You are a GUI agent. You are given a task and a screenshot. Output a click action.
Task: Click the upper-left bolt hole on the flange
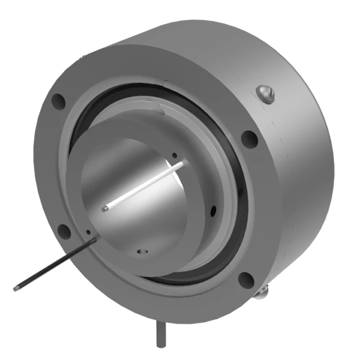58,101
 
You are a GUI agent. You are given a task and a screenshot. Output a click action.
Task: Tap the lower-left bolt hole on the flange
63,230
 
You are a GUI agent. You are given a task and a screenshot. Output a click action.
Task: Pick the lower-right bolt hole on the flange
246,280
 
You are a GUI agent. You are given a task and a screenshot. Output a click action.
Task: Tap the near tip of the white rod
105,209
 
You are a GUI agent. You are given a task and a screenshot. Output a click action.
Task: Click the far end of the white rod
182,163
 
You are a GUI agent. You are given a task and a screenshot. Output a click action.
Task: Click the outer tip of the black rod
16,288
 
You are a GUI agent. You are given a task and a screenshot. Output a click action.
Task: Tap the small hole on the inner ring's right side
212,211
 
